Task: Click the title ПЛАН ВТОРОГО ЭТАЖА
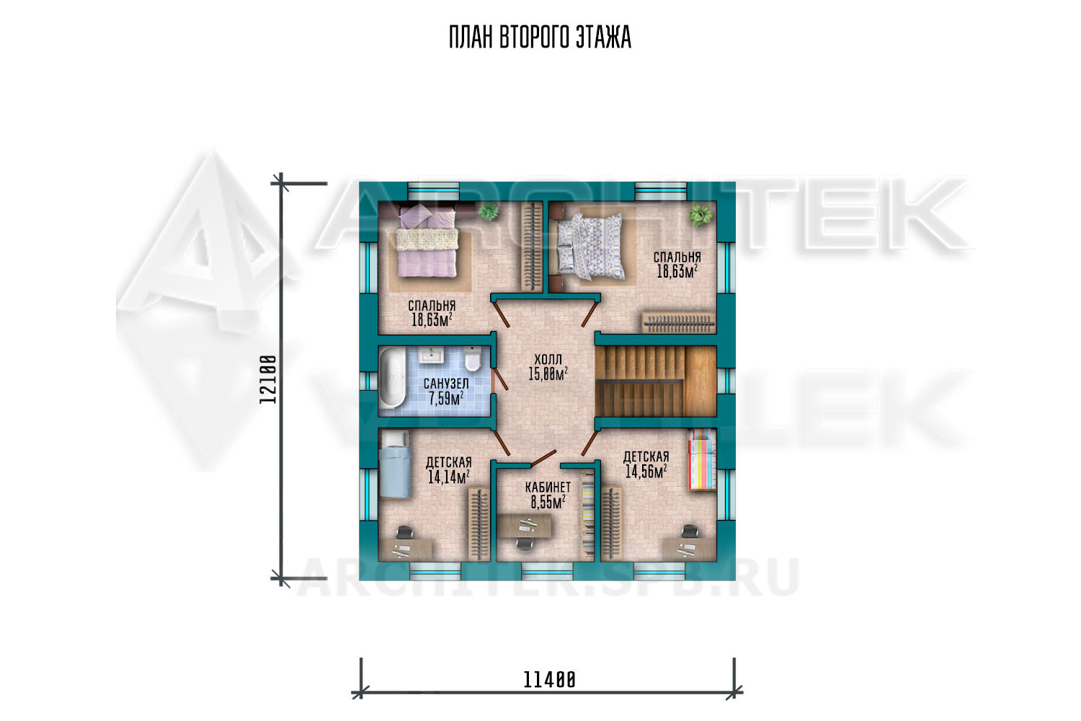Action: [x=540, y=37]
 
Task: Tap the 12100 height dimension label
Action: [x=268, y=379]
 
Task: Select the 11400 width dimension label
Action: [x=550, y=680]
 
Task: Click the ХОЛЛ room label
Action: [x=548, y=359]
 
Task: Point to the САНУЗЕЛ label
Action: [x=446, y=384]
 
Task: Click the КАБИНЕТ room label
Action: [x=548, y=487]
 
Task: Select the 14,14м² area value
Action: [x=449, y=477]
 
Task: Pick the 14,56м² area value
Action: [x=646, y=471]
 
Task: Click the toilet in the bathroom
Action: [x=471, y=359]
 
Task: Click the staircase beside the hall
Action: [x=655, y=381]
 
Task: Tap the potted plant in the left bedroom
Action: [x=489, y=211]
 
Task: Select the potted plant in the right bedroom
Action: [x=700, y=214]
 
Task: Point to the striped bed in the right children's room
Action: [x=702, y=459]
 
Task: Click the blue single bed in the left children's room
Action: [x=395, y=464]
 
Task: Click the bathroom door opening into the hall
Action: [x=499, y=379]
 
